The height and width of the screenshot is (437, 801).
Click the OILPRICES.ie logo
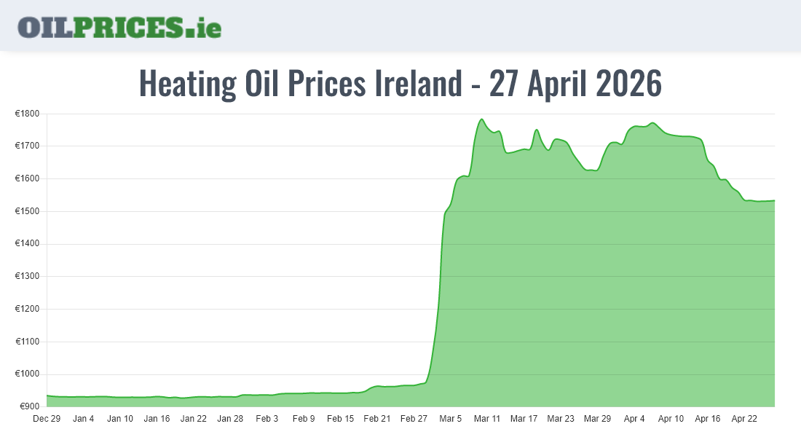[x=119, y=27]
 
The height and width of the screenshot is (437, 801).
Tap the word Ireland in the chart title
[x=419, y=84]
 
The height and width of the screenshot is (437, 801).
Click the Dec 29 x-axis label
[x=47, y=419]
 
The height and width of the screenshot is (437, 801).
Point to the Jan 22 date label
[x=194, y=419]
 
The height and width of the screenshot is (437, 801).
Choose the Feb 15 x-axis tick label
[x=340, y=419]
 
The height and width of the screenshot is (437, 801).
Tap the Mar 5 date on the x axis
[x=451, y=419]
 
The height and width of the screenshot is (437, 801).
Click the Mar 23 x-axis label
[x=561, y=419]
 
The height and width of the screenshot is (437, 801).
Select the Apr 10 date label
[x=671, y=419]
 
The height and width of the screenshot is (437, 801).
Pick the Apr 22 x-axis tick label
[x=744, y=419]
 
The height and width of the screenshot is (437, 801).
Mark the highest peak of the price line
[x=481, y=119]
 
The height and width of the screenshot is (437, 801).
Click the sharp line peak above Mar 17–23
[x=537, y=130]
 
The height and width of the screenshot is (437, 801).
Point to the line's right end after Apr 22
[x=774, y=200]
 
